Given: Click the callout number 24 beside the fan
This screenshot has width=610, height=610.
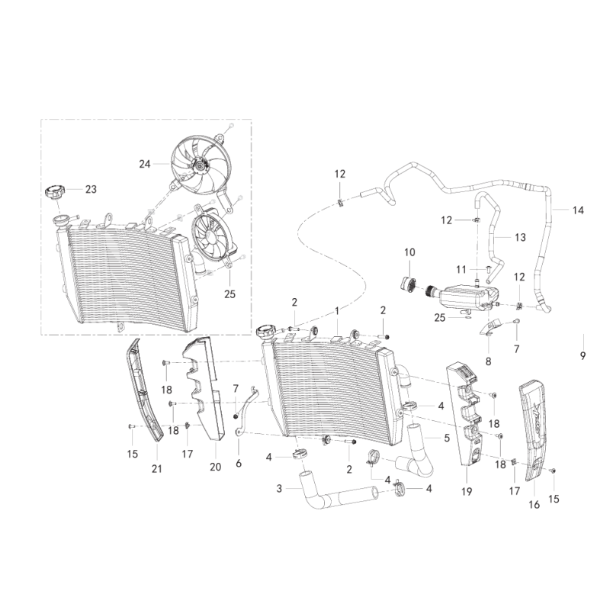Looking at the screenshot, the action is click(145, 164).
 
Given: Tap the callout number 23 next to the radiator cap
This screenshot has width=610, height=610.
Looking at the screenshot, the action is click(91, 189).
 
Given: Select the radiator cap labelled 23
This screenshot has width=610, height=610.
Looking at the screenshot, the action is click(54, 193).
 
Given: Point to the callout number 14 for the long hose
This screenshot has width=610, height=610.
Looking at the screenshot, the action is click(578, 210).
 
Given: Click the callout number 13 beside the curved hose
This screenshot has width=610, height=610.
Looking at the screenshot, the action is click(520, 237).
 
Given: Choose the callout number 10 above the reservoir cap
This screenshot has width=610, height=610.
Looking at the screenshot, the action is click(409, 252).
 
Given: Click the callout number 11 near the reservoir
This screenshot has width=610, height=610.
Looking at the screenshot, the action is click(461, 270).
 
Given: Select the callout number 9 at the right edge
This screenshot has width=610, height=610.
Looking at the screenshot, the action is click(583, 355).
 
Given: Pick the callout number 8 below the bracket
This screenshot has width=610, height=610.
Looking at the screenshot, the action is click(488, 361).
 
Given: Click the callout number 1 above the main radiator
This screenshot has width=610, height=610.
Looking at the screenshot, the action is click(337, 311).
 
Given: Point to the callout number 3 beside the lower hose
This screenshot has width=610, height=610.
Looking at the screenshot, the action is click(279, 488).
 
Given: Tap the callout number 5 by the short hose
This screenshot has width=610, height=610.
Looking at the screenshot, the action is click(447, 438).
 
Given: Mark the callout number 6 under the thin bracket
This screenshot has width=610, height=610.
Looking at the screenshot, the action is click(239, 464).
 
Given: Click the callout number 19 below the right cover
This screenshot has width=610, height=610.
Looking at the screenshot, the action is click(467, 492).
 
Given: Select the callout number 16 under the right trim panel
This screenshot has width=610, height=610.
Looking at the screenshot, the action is click(535, 505).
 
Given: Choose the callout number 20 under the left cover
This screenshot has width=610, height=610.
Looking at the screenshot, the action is click(215, 467).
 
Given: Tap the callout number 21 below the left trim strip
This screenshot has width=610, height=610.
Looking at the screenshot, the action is click(157, 469).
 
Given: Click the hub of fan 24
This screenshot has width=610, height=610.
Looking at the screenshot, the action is click(201, 165).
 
